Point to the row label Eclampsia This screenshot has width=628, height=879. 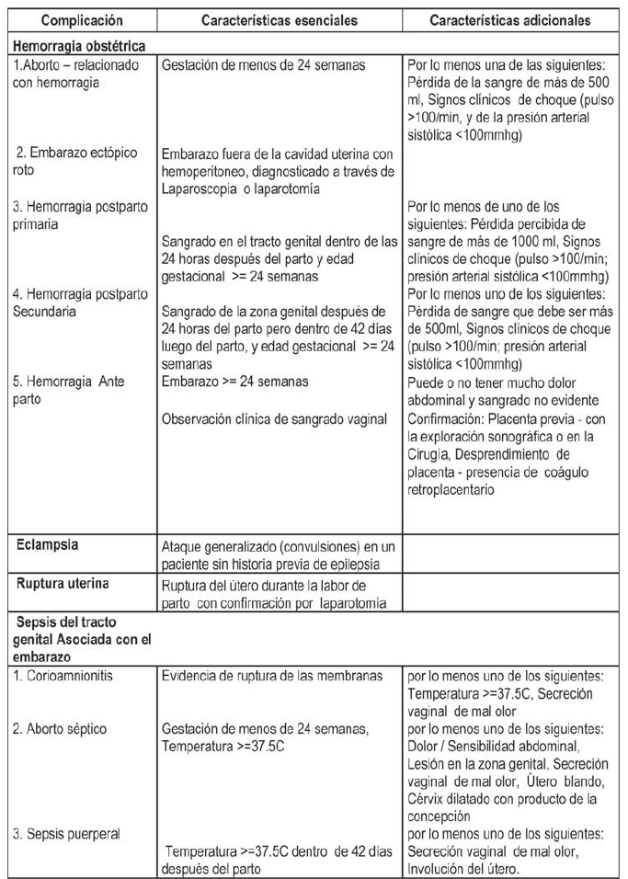pos(47,545)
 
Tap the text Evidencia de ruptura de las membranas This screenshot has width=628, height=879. pos(270,677)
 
